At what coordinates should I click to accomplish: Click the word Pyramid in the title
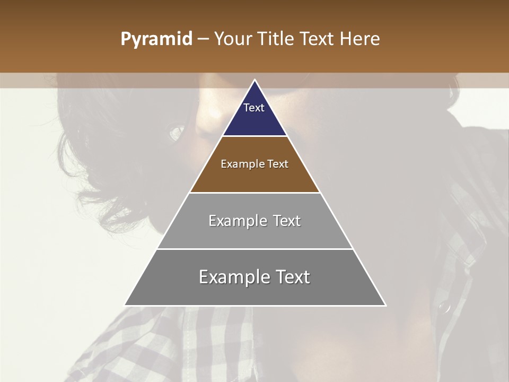tap(156, 39)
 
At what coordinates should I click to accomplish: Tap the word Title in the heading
tap(277, 39)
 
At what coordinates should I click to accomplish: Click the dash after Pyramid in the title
tap(203, 39)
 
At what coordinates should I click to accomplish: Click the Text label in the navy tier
tap(254, 108)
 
